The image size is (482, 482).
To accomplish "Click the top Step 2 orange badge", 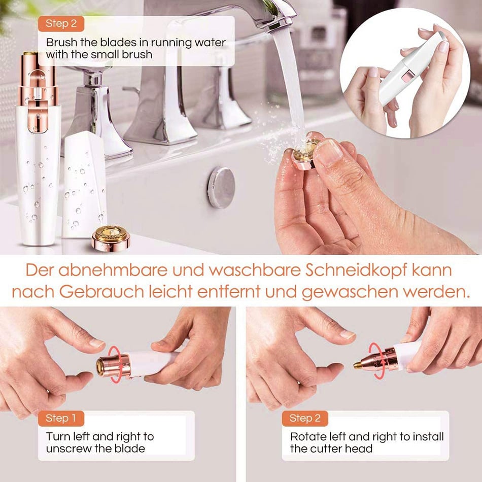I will click(x=60, y=23).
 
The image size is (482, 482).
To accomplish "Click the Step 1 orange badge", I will click(x=60, y=419).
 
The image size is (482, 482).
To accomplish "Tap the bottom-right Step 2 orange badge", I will click(x=305, y=419).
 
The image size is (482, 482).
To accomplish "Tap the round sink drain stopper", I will click(x=221, y=187).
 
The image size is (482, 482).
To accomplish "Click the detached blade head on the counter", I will click(x=111, y=237).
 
